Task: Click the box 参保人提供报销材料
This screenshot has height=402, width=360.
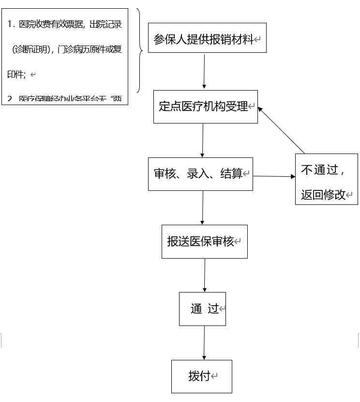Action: (x=207, y=38)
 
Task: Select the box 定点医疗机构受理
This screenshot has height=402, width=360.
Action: (x=206, y=107)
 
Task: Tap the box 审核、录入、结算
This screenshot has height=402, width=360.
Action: (x=200, y=173)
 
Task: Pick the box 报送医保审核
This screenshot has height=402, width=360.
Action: (x=204, y=241)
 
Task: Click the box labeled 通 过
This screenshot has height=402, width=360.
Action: (x=202, y=309)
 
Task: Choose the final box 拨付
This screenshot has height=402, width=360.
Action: (x=202, y=376)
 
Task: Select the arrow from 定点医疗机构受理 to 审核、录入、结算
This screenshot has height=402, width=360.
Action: (x=202, y=140)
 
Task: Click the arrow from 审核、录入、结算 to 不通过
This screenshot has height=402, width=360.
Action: (x=274, y=176)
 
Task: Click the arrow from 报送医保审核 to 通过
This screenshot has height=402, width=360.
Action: (x=204, y=275)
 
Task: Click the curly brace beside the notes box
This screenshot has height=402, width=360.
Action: (x=139, y=50)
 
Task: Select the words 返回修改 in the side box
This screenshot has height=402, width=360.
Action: (x=323, y=195)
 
